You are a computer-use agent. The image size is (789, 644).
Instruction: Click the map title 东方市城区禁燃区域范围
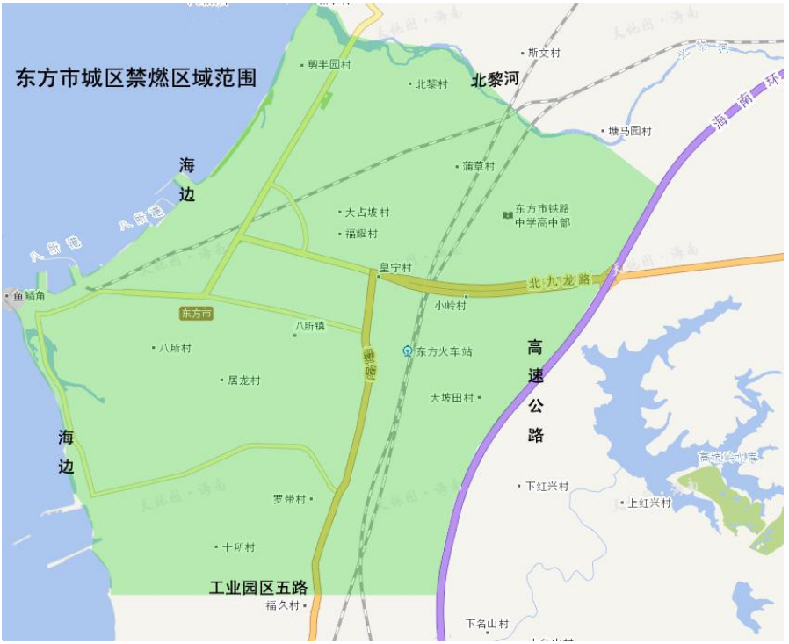(x=136, y=78)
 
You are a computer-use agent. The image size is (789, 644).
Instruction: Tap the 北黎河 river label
(x=496, y=80)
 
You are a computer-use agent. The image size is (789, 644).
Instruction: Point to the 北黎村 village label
(x=431, y=84)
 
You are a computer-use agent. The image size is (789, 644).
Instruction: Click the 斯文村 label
(x=543, y=53)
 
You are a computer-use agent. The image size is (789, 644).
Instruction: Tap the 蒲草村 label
(x=478, y=166)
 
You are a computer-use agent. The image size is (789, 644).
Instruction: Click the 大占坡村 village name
(x=366, y=213)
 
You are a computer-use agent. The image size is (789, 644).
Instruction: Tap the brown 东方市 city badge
(x=196, y=313)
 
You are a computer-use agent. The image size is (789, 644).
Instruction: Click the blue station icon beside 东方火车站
(x=408, y=351)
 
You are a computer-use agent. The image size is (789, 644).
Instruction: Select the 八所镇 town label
(x=309, y=326)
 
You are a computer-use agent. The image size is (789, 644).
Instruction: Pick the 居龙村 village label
(x=243, y=380)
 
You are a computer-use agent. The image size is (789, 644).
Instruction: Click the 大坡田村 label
(x=452, y=398)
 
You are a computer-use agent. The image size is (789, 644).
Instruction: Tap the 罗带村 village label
(x=289, y=499)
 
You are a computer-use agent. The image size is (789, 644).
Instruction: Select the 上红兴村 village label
(x=649, y=503)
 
